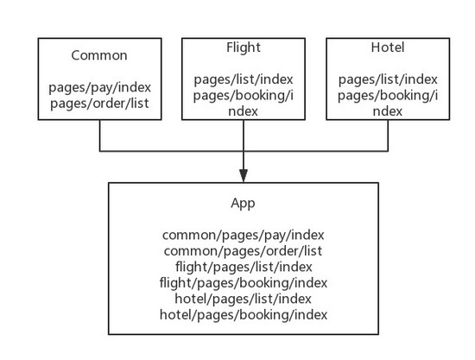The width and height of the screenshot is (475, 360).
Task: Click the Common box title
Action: [x=99, y=55]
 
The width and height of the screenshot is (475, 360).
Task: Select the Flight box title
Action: [x=244, y=47]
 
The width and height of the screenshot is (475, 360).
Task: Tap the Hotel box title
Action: [x=388, y=47]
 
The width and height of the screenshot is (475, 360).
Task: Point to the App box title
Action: [x=243, y=203]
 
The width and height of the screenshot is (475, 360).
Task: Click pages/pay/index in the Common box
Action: [x=99, y=87]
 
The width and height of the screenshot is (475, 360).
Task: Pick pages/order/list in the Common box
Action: [x=99, y=104]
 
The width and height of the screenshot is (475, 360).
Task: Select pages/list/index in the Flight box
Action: [x=244, y=79]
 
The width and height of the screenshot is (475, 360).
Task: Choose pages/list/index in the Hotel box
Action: [x=388, y=79]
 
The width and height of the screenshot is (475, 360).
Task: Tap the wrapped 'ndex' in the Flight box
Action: [x=243, y=111]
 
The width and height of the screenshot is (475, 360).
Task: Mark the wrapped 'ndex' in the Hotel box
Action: [x=388, y=111]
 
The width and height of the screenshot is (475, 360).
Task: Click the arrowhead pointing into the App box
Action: [x=244, y=175]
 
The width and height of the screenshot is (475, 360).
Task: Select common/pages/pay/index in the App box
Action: [x=244, y=236]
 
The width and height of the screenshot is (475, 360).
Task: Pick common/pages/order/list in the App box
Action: [x=243, y=251]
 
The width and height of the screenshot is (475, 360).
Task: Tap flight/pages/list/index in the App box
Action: [x=244, y=267]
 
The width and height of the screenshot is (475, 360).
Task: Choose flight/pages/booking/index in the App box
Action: [x=244, y=283]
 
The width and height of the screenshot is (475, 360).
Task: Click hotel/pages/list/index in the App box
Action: [x=243, y=300]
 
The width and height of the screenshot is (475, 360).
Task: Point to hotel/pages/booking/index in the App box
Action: [x=244, y=315]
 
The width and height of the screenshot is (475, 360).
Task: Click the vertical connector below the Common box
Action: [x=99, y=136]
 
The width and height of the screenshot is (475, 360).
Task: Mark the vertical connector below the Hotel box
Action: [x=388, y=136]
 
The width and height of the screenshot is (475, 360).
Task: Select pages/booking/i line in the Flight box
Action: [x=244, y=96]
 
